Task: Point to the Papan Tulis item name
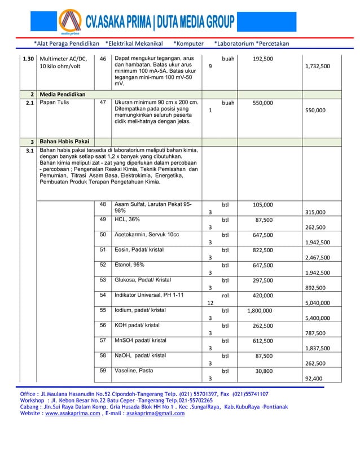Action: pos(52,103)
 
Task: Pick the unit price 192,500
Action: pos(263,59)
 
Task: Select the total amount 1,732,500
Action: pos(317,66)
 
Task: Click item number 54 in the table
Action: pos(103,295)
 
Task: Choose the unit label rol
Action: pos(225,295)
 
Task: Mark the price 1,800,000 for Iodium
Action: pos(260,310)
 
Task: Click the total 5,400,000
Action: pos(317,318)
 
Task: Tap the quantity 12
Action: pos(209,303)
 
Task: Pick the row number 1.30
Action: pos(28,59)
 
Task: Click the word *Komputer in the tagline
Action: pos(188,43)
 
